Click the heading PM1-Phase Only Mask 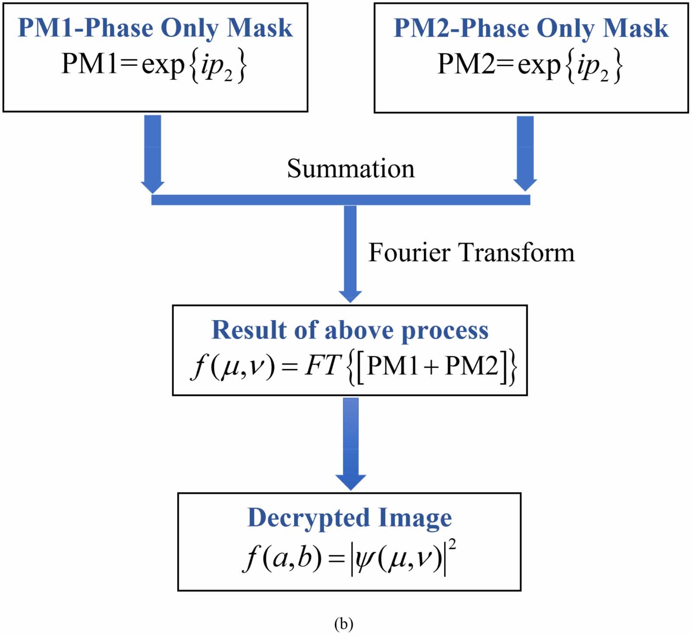click(155, 28)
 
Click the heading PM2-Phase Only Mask click(531, 28)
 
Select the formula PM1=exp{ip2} click(154, 65)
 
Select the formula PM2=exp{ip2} click(530, 65)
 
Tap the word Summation click(350, 168)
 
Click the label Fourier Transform click(471, 252)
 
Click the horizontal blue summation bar click(340, 199)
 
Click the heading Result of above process click(349, 330)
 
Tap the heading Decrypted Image click(349, 517)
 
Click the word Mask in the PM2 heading click(635, 28)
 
